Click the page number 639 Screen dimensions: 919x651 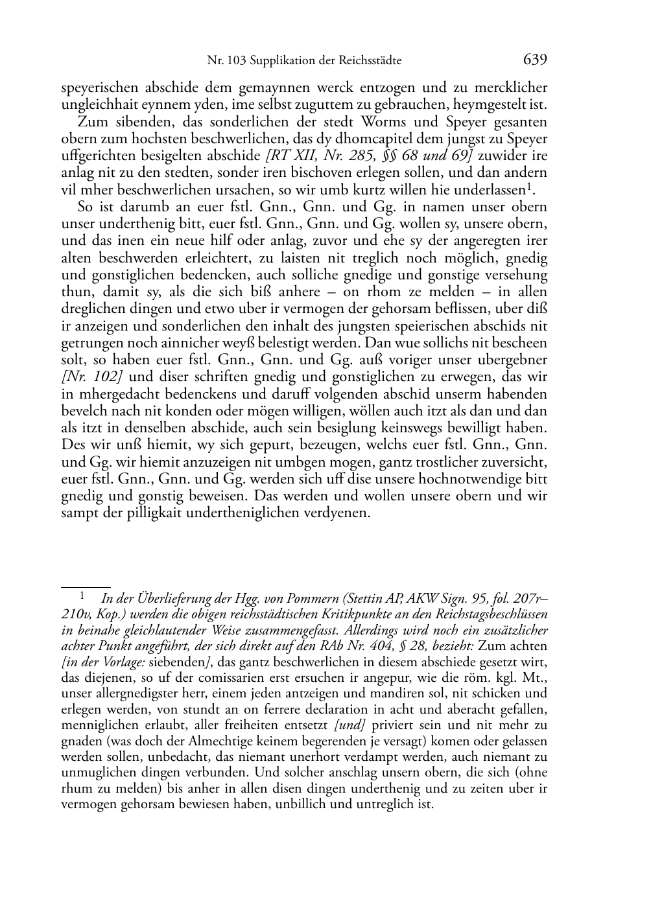tap(535, 60)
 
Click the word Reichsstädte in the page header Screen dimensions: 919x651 tap(369, 61)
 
